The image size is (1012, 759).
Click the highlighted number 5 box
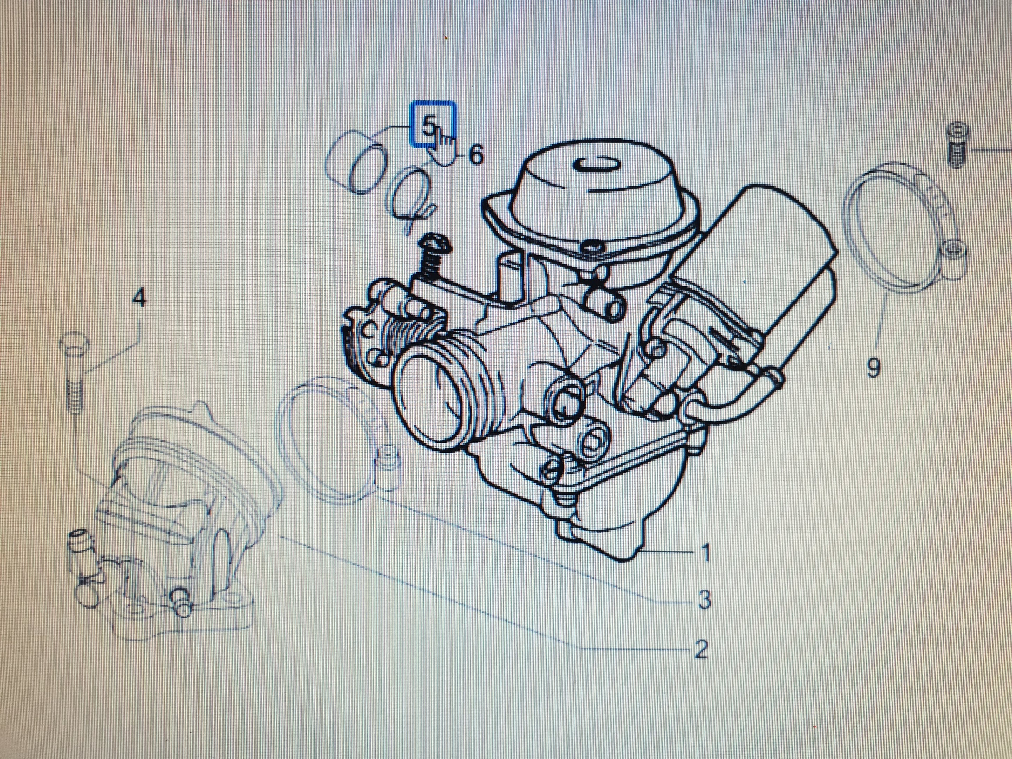(x=434, y=124)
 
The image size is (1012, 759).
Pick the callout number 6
(x=476, y=155)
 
